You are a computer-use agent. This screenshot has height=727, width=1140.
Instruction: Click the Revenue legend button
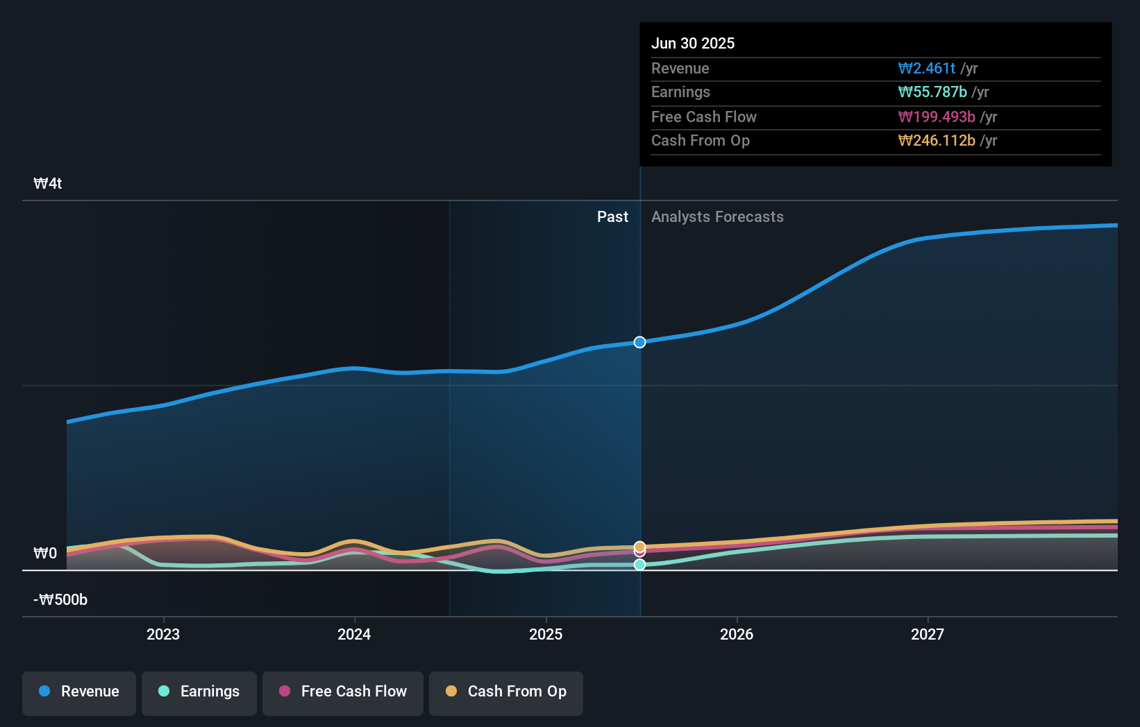79,692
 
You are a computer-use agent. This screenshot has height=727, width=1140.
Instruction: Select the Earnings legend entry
199,692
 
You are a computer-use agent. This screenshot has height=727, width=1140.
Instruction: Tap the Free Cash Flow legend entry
343,692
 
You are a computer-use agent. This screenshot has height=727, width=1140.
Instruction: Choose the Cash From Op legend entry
506,692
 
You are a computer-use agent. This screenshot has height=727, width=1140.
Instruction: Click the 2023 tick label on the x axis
163,634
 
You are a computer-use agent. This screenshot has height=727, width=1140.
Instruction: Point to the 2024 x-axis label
354,634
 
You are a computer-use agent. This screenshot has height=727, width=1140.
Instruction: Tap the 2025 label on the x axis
546,634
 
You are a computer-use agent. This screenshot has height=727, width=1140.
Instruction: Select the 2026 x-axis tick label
737,634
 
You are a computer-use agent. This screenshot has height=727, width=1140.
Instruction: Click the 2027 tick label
928,634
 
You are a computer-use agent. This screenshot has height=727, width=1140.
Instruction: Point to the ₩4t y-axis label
48,184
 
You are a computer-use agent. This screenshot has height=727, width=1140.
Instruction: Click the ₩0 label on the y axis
45,554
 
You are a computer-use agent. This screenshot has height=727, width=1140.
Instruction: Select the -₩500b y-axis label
61,600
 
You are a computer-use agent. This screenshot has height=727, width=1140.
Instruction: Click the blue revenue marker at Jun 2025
639,342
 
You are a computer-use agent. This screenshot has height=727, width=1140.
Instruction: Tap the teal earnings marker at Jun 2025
639,565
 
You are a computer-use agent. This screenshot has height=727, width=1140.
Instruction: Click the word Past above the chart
612,217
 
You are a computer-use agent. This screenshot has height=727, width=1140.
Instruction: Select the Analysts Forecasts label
717,217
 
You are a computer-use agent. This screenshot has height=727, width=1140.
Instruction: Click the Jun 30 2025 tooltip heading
692,43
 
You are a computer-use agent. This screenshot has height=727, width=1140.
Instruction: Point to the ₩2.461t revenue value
926,68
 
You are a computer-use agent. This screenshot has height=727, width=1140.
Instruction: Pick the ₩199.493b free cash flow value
936,117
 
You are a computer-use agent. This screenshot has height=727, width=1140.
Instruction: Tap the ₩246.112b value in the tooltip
936,140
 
